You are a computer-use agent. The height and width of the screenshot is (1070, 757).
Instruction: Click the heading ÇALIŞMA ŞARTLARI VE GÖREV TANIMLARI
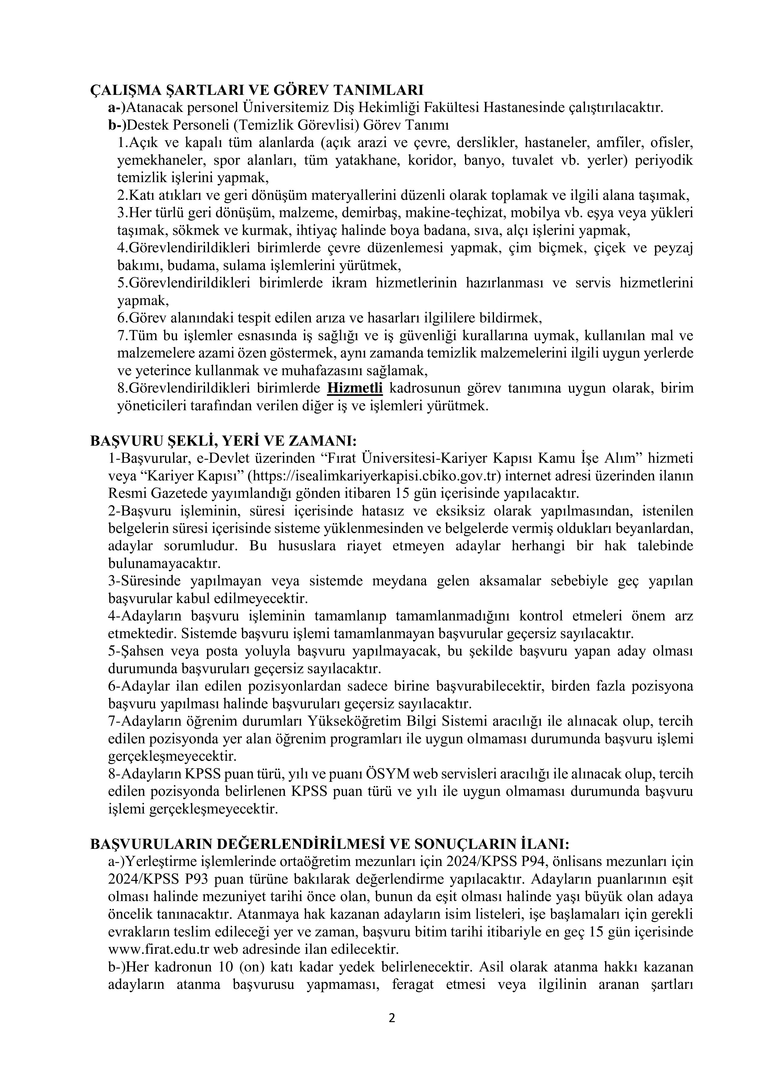pos(256,90)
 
